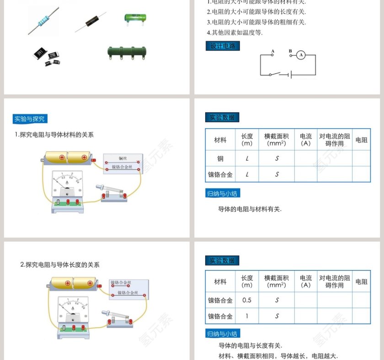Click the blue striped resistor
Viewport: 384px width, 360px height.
coord(43,21)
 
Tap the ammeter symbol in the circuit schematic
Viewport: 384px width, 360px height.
coord(300,55)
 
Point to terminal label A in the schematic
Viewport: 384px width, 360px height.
coord(272,51)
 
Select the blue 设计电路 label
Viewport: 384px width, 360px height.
coord(222,46)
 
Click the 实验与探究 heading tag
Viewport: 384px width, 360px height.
coord(30,119)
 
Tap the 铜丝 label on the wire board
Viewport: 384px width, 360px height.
coord(123,159)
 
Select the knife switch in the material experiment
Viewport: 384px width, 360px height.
coord(112,192)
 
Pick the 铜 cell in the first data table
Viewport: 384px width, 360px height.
coord(220,159)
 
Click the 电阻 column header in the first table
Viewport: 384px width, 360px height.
coord(361,140)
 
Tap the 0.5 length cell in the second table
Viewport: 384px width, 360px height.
coord(247,300)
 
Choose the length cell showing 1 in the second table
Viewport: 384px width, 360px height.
coord(247,316)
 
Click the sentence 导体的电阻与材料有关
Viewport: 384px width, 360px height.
coord(250,209)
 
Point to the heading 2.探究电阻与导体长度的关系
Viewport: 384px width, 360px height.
coord(60,265)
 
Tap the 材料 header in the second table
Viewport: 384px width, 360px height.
coord(220,282)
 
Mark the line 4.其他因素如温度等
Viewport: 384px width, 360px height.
coord(235,32)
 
